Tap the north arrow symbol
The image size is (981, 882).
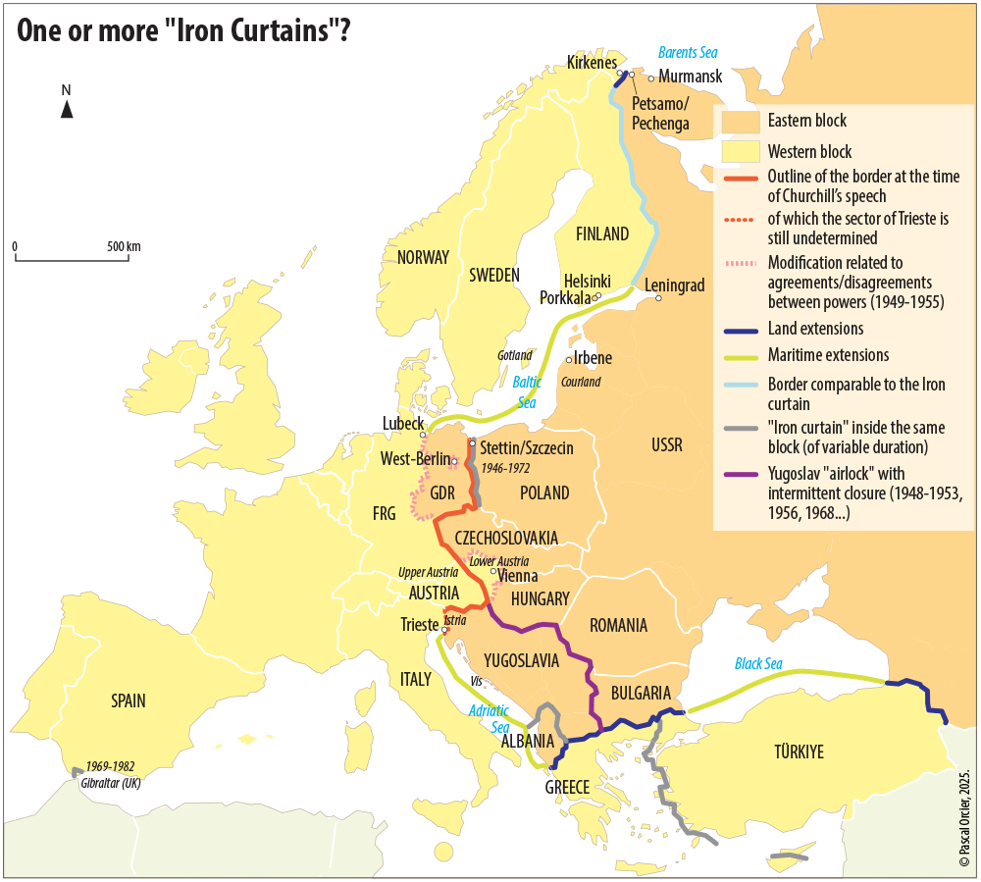[67, 109]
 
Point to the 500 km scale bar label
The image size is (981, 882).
[125, 246]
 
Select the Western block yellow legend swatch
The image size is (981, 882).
[741, 152]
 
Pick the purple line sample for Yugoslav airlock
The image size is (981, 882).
[741, 476]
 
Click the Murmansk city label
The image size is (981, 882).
[691, 77]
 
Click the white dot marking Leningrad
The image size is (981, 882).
[659, 298]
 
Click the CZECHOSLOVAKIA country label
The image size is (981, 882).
[506, 539]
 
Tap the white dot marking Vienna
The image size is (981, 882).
[494, 570]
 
